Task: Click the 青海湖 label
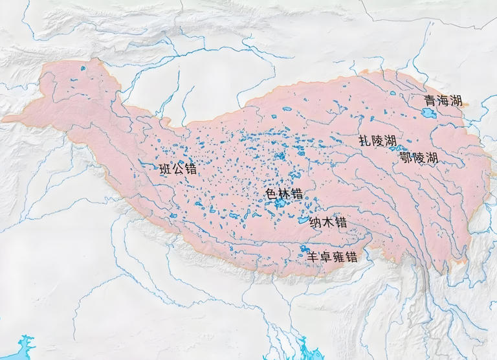tap(443, 101)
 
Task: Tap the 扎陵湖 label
tap(378, 141)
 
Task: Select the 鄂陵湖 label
tap(419, 158)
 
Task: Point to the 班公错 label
tap(177, 170)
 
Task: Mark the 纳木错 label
tap(328, 222)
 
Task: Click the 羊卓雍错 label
tap(331, 256)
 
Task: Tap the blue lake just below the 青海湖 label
tap(428, 113)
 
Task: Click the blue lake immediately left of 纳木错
tap(302, 220)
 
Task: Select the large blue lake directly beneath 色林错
tap(280, 203)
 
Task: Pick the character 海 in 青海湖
tap(443, 101)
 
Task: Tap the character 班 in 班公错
tap(165, 170)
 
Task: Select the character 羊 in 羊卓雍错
tap(312, 256)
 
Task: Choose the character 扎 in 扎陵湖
tap(365, 141)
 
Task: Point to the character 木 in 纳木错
tap(328, 222)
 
